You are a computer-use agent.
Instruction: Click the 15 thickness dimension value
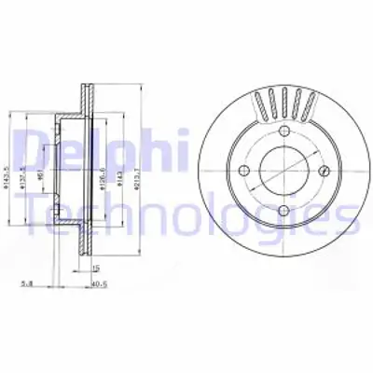[95, 269]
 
